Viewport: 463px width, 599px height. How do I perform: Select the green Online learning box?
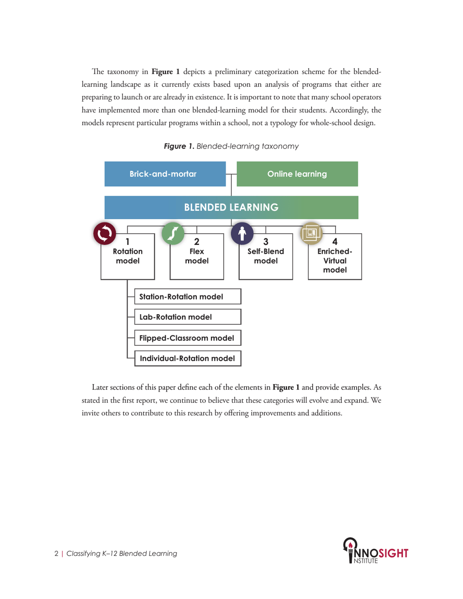[297, 174]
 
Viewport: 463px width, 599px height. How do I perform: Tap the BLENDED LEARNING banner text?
[231, 207]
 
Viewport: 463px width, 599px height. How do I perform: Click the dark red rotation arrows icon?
[104, 234]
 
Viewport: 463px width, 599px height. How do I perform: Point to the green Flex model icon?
[173, 234]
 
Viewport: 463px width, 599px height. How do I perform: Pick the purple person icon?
[242, 234]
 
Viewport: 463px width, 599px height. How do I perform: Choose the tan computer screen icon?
[311, 234]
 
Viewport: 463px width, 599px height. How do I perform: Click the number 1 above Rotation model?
[128, 242]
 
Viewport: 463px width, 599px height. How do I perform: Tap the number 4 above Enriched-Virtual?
[335, 242]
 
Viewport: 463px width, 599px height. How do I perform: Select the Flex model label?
[197, 256]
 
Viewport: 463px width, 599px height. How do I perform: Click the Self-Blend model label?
[266, 256]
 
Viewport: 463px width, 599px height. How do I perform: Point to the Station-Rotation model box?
[188, 297]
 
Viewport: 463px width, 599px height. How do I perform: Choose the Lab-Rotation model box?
[188, 317]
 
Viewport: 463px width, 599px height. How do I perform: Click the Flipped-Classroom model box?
[188, 337]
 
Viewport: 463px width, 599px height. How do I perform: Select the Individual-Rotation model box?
[188, 358]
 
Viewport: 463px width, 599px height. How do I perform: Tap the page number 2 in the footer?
[56, 554]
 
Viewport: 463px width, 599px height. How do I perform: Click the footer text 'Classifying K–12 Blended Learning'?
[121, 554]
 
